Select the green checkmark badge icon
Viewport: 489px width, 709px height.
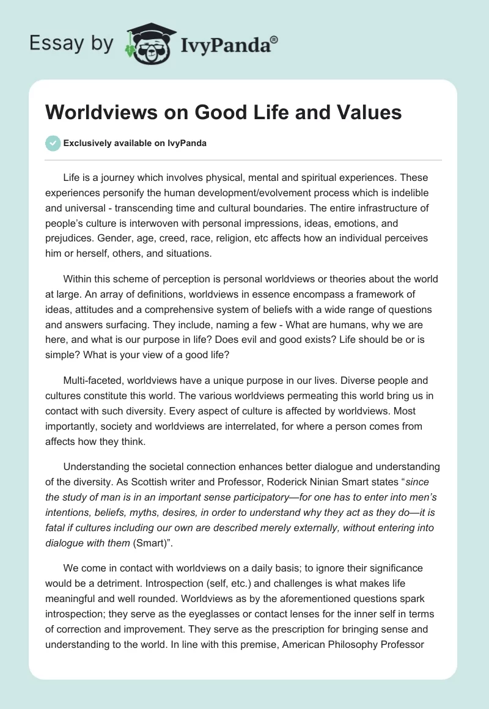53,143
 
